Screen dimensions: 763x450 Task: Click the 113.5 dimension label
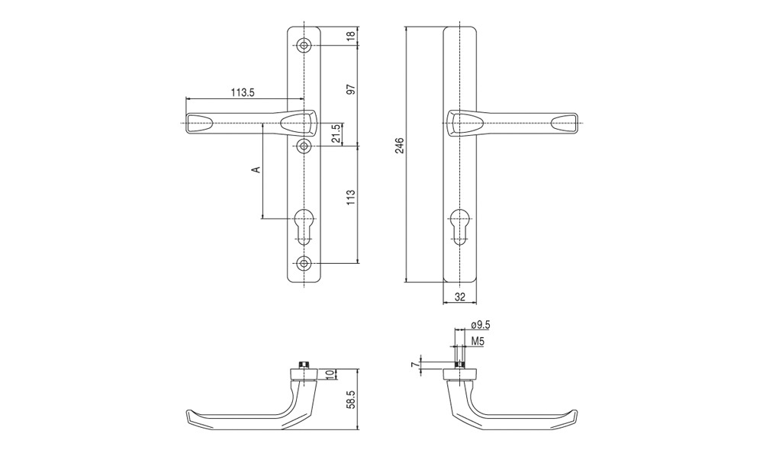coord(243,92)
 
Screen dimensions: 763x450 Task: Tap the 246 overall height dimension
coord(400,146)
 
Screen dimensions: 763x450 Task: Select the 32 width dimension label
coord(460,297)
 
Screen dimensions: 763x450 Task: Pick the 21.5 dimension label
coord(336,133)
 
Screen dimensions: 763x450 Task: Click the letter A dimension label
coord(256,169)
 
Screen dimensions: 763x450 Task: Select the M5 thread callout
coord(478,342)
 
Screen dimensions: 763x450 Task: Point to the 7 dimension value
coord(414,365)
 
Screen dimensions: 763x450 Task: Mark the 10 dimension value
coord(330,374)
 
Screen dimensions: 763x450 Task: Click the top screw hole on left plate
coord(304,46)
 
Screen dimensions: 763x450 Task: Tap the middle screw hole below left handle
coord(304,146)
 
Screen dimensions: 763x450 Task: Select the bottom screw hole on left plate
coord(304,263)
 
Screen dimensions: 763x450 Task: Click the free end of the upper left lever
coord(187,123)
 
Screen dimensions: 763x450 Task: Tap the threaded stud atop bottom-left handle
coord(304,365)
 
